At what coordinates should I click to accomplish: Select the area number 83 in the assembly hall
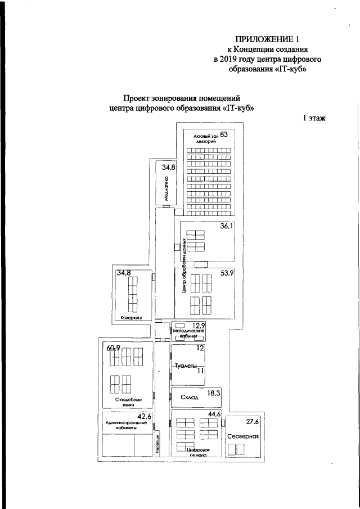(x=224, y=134)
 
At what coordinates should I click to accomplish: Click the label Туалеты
(x=186, y=366)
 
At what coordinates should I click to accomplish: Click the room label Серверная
(x=243, y=436)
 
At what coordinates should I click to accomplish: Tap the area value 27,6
(x=253, y=421)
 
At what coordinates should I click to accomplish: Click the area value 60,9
(x=113, y=348)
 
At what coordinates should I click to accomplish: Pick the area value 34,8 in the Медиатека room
(x=169, y=168)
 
